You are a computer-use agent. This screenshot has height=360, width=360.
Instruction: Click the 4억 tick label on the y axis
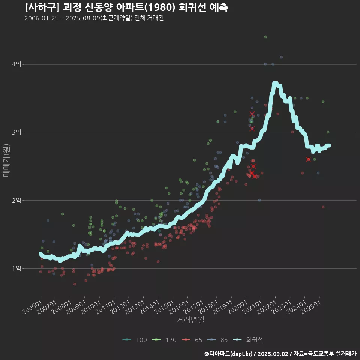tap(16, 64)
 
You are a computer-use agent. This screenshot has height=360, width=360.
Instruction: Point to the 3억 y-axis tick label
tap(16, 132)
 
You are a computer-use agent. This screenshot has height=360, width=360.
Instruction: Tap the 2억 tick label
tap(16, 200)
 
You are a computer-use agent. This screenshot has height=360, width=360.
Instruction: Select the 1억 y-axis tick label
tap(16, 268)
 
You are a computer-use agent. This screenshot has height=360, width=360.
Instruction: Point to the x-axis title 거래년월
tap(190, 320)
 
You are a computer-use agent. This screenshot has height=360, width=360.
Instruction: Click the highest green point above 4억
tap(265, 37)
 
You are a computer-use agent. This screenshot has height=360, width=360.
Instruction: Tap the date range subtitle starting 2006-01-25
tap(94, 18)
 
